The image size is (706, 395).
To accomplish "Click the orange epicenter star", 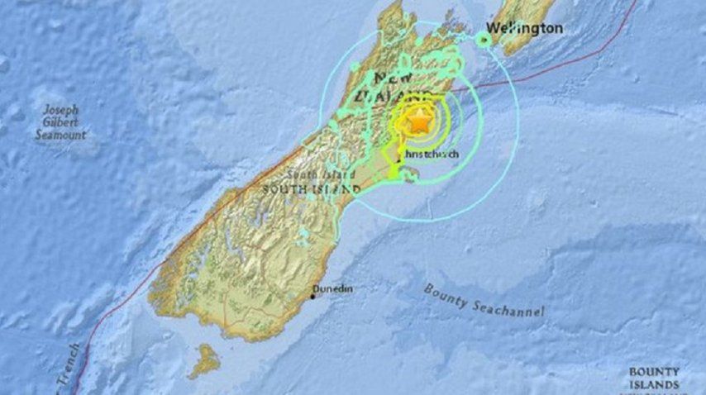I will point(420,121).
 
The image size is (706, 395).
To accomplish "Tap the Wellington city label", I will point(524,28).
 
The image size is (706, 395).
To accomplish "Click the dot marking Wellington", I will point(484,38).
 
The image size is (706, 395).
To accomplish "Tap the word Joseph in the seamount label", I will point(62,109).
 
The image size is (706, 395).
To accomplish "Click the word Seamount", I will point(60,134).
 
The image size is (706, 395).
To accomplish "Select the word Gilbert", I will point(61,121).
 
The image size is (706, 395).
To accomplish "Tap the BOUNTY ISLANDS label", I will point(654,378).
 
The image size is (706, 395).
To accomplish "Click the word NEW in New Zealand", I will point(394,79).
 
